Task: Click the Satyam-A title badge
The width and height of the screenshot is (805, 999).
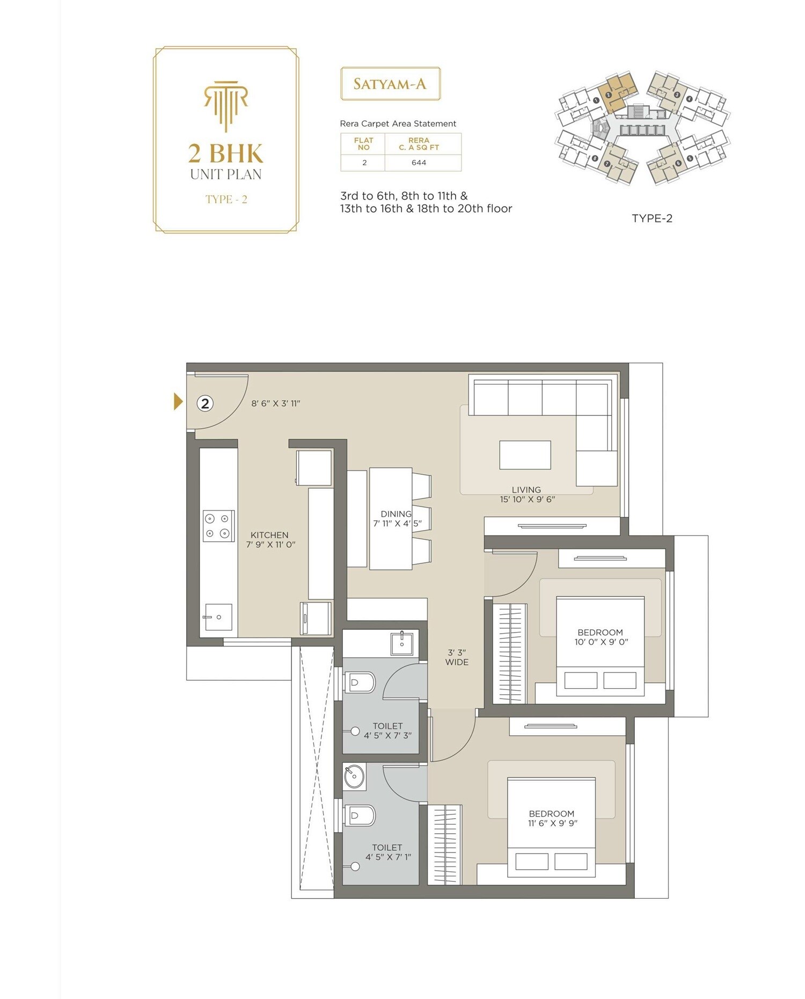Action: (x=390, y=84)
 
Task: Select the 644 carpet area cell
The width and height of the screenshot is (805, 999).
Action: (x=419, y=163)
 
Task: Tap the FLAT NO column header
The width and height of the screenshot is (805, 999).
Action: (x=363, y=144)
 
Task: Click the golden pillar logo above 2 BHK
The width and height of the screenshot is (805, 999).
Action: (x=226, y=105)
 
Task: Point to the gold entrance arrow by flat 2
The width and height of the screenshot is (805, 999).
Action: (x=178, y=401)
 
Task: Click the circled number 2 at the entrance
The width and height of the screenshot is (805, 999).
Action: (x=205, y=403)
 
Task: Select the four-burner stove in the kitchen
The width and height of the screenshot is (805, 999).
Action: (x=218, y=526)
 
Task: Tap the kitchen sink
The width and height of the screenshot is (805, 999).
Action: (x=218, y=617)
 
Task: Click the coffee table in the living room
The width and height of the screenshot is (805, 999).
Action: (x=525, y=455)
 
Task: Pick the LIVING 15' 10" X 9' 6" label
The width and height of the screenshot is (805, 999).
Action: (x=527, y=494)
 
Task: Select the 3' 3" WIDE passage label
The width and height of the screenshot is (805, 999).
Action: (x=457, y=657)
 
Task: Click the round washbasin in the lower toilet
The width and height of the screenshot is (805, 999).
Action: (x=354, y=776)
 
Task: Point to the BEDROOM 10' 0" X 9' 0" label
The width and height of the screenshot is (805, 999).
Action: (x=601, y=637)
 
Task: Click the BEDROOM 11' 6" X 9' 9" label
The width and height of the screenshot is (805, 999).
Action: (x=552, y=818)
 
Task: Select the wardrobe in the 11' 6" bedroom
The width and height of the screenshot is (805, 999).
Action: (x=445, y=844)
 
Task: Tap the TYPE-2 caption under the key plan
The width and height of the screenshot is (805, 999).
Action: (x=652, y=218)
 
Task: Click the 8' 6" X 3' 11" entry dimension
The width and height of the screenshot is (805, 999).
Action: (x=276, y=403)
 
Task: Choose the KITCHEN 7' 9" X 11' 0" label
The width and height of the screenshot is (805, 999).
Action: (x=270, y=540)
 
